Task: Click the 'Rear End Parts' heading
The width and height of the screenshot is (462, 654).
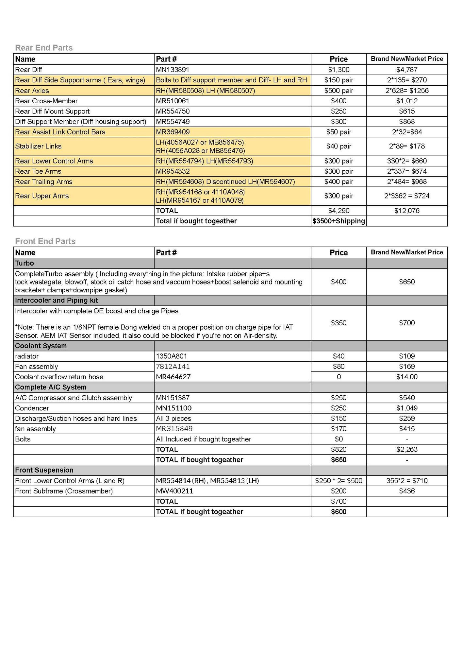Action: tap(44, 48)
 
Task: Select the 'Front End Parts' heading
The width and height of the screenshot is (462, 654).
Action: tap(45, 241)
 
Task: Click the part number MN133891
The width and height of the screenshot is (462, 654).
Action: tap(173, 70)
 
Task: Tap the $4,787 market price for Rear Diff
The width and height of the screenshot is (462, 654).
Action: tap(407, 70)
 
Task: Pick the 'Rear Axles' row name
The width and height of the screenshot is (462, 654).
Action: tap(32, 91)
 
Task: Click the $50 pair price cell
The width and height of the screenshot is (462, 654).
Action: tap(338, 132)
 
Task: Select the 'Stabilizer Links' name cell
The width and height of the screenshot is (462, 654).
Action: tap(38, 146)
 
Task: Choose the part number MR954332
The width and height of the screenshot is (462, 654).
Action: tap(173, 171)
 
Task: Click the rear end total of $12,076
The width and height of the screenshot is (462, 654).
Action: tap(407, 211)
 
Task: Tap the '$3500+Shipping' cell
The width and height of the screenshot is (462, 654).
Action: tap(338, 221)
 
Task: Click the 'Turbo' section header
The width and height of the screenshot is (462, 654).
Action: tap(25, 263)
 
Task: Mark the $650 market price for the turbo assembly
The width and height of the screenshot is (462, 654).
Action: tap(407, 282)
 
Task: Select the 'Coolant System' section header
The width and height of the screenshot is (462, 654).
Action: tap(41, 346)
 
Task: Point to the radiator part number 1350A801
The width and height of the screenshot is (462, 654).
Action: tap(172, 356)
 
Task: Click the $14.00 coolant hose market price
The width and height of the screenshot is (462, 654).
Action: tap(407, 377)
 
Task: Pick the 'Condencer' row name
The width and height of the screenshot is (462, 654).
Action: tap(32, 408)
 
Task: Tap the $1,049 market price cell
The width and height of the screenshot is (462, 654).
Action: tap(407, 408)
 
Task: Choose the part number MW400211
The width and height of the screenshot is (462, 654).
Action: tap(174, 491)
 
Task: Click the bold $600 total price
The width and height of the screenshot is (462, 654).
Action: tap(338, 512)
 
